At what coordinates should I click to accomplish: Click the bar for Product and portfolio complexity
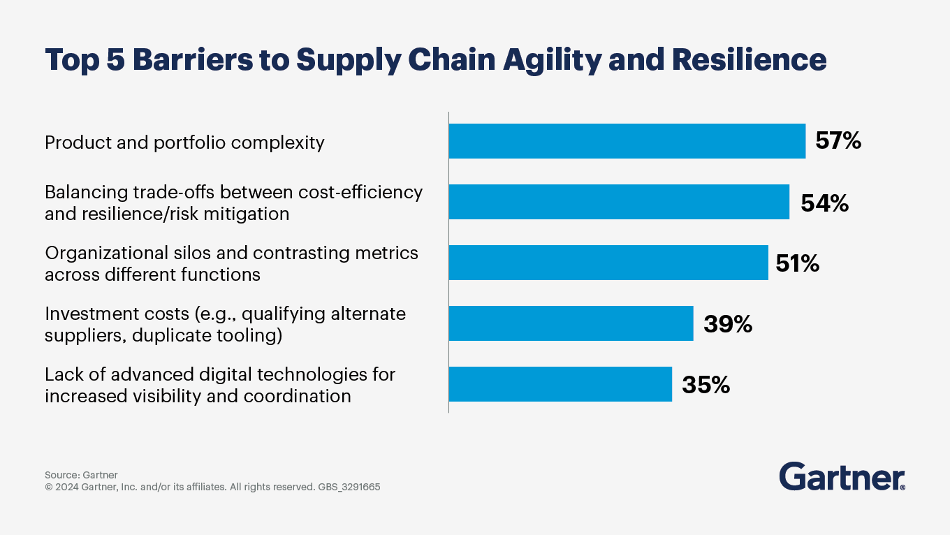[627, 141]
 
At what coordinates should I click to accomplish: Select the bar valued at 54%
[619, 202]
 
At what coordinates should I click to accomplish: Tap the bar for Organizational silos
[608, 263]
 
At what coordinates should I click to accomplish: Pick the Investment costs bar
[571, 323]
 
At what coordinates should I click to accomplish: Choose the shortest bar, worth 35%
[560, 384]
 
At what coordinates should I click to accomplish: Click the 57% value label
[838, 141]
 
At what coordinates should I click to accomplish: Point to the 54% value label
[824, 203]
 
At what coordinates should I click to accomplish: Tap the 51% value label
[797, 263]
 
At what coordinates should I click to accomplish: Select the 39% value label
[728, 324]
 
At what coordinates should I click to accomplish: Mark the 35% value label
[706, 385]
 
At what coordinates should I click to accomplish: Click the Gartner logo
[842, 476]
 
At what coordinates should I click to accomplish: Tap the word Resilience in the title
[749, 60]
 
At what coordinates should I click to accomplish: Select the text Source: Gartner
[81, 475]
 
